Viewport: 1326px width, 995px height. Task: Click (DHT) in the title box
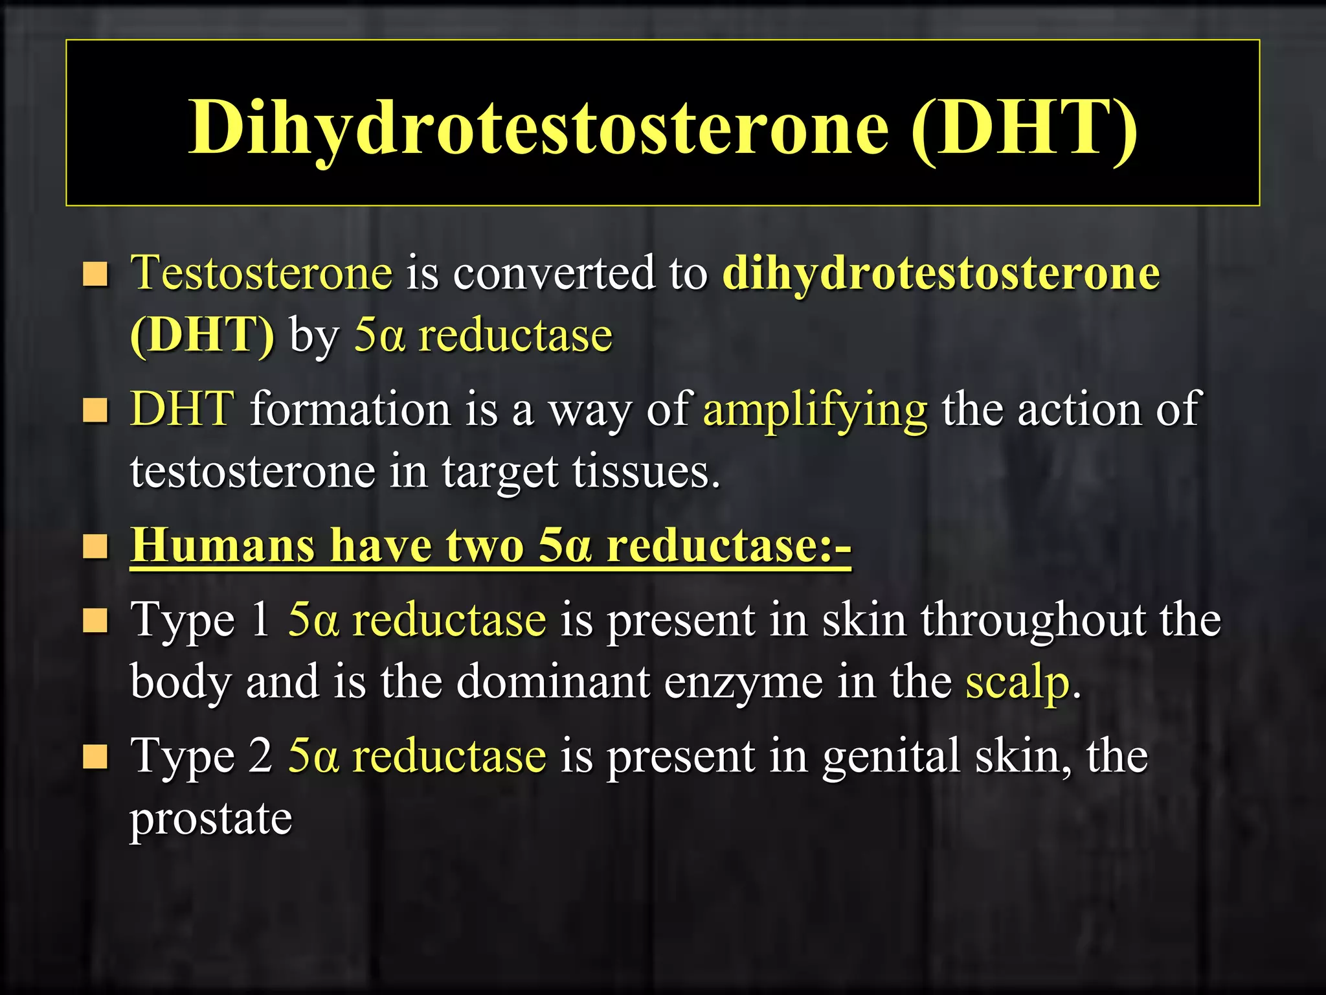1024,127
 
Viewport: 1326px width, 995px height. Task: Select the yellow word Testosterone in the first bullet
262,273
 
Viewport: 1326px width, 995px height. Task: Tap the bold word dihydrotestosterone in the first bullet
941,273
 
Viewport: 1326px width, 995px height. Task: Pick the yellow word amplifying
815,409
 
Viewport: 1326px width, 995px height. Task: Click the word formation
350,409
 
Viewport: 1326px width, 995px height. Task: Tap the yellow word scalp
1017,681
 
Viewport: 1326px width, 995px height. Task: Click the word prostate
211,819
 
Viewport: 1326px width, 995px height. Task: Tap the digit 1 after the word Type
261,620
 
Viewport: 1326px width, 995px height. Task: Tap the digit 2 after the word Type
261,757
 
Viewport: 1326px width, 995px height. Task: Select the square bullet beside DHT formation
95,410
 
